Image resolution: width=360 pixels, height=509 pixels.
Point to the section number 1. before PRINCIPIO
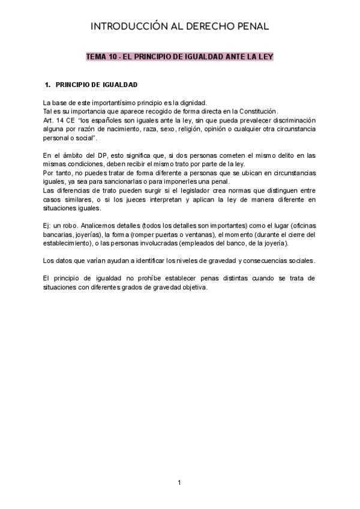point(49,85)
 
